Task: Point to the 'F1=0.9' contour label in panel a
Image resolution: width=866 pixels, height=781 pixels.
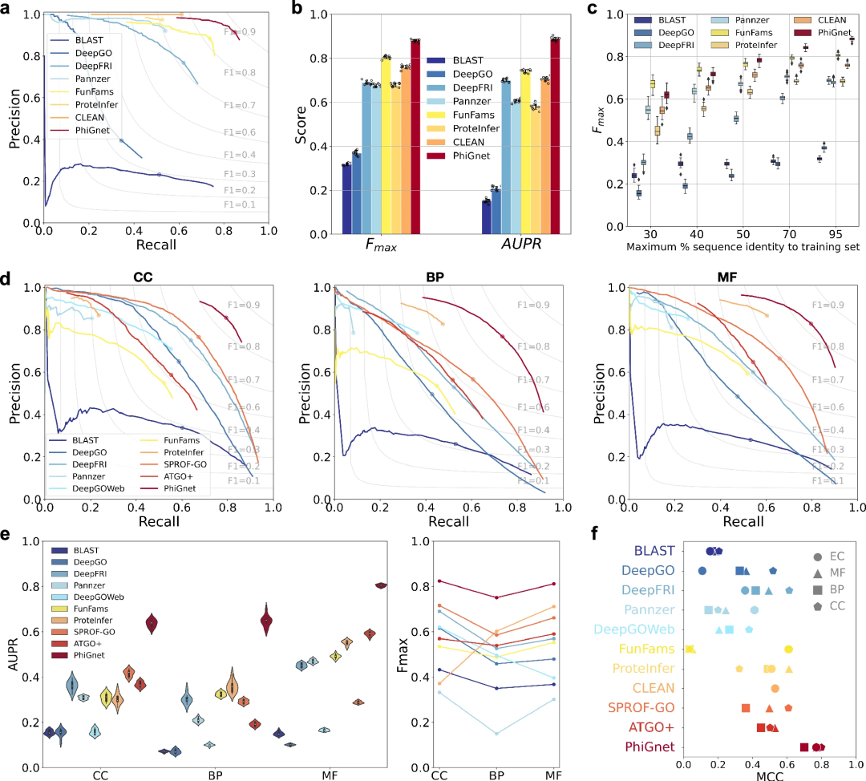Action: click(241, 32)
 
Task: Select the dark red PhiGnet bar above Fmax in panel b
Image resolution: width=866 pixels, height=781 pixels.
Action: click(415, 136)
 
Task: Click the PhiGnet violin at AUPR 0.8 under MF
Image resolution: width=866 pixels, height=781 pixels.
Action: click(381, 585)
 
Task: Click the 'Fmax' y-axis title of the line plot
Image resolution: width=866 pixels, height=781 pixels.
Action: click(407, 654)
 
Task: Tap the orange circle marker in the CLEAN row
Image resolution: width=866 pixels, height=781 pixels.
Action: click(775, 688)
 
